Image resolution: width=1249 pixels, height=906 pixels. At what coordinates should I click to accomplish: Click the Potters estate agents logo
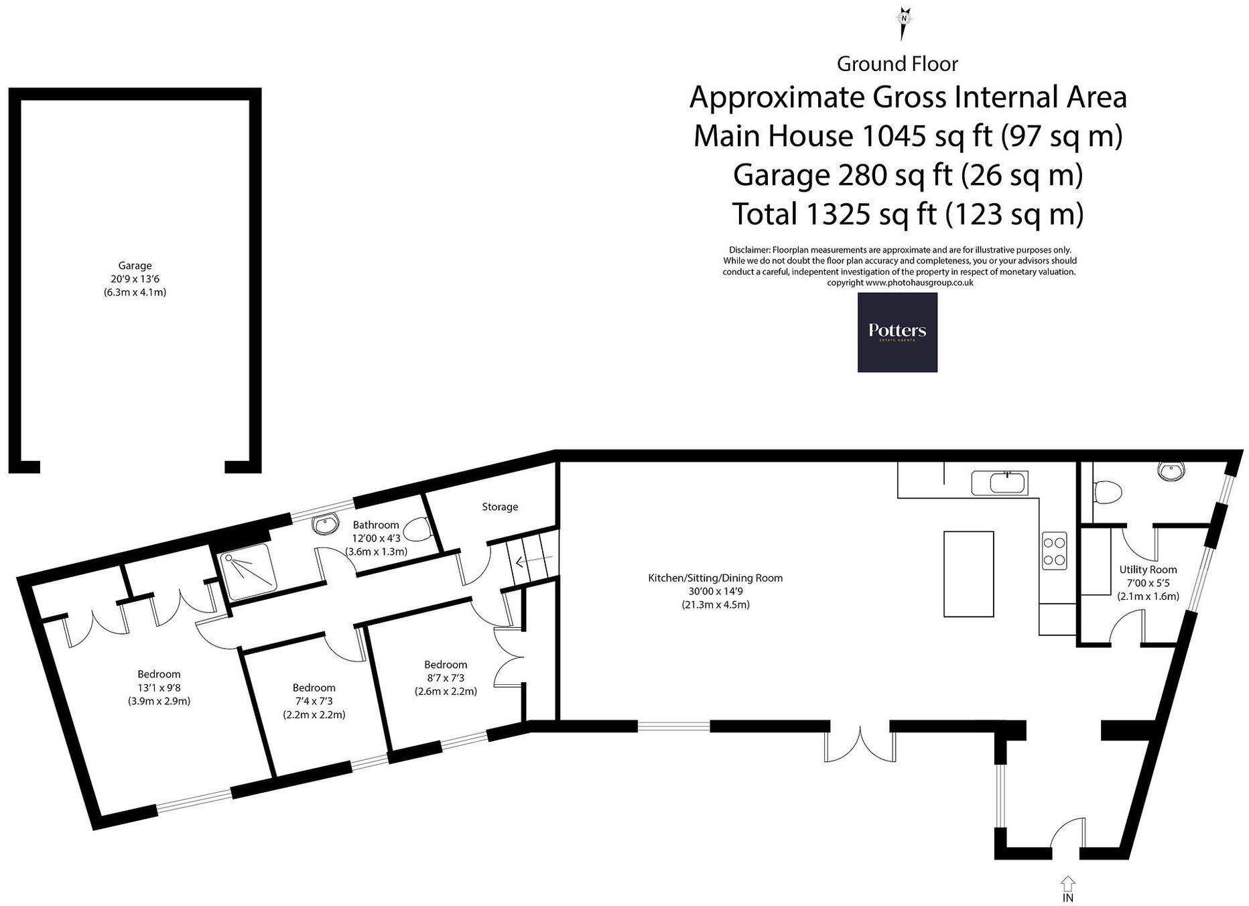[x=897, y=332]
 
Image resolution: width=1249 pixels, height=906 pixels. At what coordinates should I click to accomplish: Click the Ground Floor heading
[x=897, y=64]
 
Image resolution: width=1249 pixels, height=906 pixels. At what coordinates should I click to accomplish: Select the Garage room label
[x=135, y=265]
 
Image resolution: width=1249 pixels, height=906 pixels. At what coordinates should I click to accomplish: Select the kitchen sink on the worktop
[x=999, y=482]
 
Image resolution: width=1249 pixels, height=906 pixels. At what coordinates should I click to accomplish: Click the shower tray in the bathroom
[x=249, y=572]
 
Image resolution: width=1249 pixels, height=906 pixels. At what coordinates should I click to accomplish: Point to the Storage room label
[x=500, y=507]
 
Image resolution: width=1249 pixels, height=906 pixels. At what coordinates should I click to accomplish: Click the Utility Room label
[x=1148, y=570]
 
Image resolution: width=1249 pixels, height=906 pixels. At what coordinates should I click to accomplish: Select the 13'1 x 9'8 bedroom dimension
[x=159, y=688]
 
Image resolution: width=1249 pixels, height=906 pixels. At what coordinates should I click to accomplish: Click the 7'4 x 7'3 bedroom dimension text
[x=314, y=701]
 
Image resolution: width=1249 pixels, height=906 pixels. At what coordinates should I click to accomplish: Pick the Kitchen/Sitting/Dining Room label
[x=715, y=578]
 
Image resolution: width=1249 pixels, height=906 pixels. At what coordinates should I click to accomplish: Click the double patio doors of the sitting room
[x=860, y=742]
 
